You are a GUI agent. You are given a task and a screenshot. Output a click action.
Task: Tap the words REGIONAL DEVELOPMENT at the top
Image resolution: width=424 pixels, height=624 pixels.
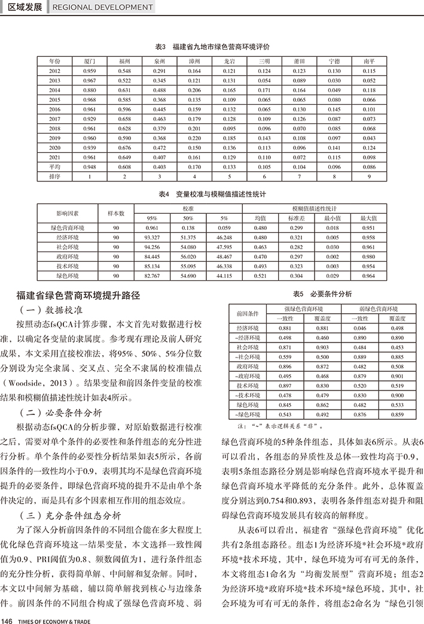pos(103,7)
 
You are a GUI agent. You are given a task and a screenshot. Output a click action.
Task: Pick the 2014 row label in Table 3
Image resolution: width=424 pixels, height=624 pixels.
pos(54,90)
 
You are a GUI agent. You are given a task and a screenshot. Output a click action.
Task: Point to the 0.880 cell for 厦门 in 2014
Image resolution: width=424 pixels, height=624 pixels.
pos(90,90)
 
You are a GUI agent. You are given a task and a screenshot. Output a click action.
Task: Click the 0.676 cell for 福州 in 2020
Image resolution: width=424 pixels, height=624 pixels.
pos(124,147)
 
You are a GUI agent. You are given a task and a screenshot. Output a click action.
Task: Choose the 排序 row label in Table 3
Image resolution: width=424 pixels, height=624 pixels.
pos(54,176)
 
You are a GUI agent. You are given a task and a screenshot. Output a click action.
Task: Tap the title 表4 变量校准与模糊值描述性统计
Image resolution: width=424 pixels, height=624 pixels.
pos(212,195)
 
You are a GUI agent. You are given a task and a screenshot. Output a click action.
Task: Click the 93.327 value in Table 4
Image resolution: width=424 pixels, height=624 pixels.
pos(152,237)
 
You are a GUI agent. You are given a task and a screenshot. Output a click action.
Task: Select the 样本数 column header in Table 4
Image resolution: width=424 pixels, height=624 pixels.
pos(116,213)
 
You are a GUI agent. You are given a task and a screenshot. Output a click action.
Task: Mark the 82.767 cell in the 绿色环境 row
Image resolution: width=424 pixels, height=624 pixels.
pos(152,275)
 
